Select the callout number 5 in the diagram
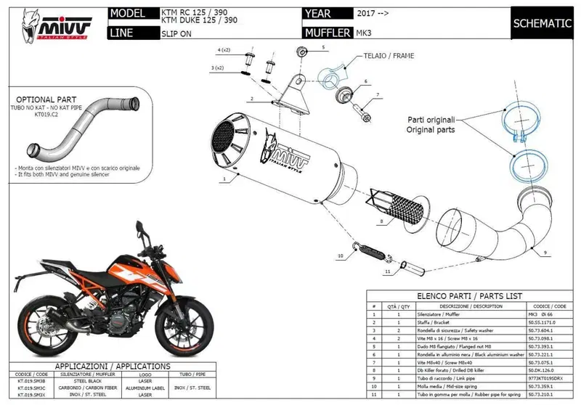point(325,46)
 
